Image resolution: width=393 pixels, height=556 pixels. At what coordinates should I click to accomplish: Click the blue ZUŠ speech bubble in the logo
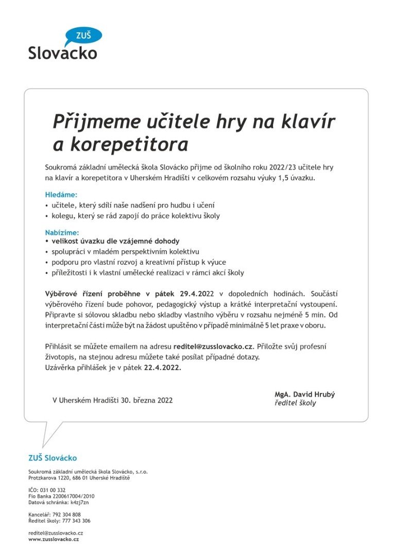pyautogui.click(x=84, y=36)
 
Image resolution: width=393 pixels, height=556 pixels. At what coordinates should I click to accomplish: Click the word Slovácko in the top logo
pyautogui.click(x=62, y=53)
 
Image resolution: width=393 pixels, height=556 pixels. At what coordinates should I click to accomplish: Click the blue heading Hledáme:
pyautogui.click(x=61, y=195)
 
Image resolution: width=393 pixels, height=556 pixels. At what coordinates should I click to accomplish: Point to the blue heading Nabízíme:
pyautogui.click(x=62, y=233)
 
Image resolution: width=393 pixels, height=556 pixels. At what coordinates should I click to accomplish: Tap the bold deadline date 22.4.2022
pyautogui.click(x=162, y=368)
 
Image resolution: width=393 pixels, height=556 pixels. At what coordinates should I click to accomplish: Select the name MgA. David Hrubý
pyautogui.click(x=304, y=394)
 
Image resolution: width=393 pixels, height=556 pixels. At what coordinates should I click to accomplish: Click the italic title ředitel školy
pyautogui.click(x=295, y=403)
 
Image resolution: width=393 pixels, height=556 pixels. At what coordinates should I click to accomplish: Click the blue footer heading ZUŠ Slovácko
pyautogui.click(x=53, y=458)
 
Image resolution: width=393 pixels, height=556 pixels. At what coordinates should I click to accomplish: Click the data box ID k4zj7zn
pyautogui.click(x=79, y=502)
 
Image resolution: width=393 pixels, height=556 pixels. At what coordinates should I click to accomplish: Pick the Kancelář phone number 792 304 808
pyautogui.click(x=66, y=514)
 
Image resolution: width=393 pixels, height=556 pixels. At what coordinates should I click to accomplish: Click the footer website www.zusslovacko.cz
pyautogui.click(x=54, y=539)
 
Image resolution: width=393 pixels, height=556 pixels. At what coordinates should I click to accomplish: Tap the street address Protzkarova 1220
pyautogui.click(x=48, y=478)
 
